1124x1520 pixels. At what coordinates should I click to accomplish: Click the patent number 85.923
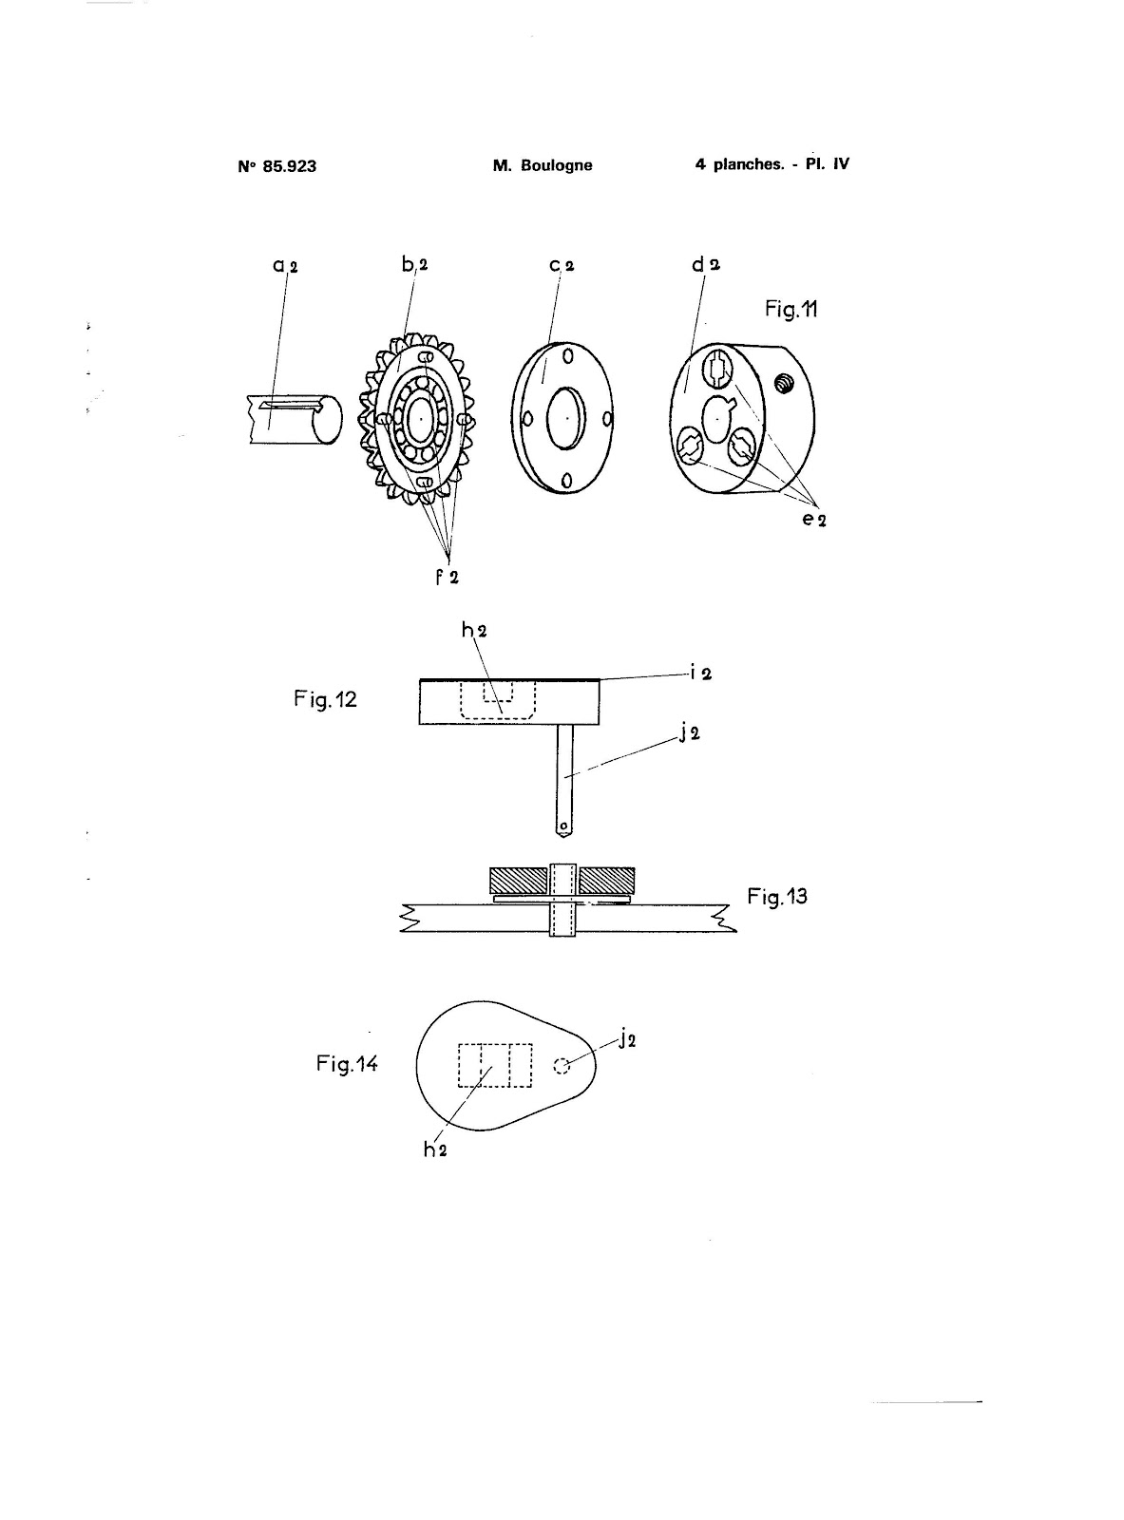(289, 166)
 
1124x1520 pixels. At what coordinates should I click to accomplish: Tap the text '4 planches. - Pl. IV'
(772, 164)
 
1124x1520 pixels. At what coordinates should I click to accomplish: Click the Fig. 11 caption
(791, 310)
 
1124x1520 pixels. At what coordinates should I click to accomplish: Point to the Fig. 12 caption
(326, 701)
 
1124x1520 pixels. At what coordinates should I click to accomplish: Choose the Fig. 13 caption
(777, 896)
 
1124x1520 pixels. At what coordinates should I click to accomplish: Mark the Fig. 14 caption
(347, 1064)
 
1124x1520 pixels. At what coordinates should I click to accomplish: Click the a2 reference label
(285, 266)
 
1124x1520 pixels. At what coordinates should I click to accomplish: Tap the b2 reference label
(414, 265)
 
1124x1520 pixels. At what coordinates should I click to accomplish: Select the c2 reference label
(562, 265)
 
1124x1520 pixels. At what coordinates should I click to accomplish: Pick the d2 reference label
(706, 264)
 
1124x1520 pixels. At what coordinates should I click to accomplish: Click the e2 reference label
(813, 520)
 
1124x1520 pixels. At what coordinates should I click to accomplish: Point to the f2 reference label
(448, 577)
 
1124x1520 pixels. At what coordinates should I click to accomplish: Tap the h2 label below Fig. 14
(435, 1149)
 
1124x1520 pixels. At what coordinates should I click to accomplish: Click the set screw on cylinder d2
(785, 383)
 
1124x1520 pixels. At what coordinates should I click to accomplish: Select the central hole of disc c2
(566, 416)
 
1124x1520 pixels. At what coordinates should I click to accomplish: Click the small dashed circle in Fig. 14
(562, 1067)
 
